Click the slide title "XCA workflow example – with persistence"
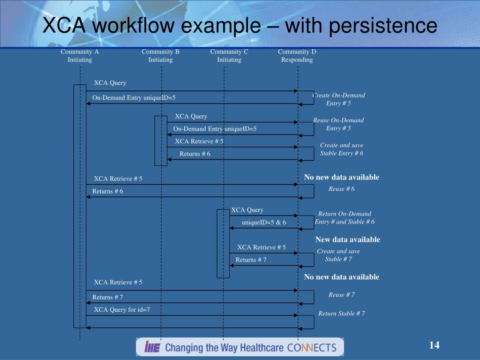pos(240,26)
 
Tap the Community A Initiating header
pos(80,56)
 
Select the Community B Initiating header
pos(161,56)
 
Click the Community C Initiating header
pos(229,56)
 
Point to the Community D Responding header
pos(297,56)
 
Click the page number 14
pos(434,345)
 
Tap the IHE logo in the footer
pos(153,347)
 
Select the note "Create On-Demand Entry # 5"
pos(338,99)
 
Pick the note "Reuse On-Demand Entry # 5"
pos(338,124)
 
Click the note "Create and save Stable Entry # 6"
pos(341,149)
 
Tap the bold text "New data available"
pos(347,240)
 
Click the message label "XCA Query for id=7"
pos(122,309)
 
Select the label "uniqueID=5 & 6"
pos(264,222)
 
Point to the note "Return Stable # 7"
pos(342,314)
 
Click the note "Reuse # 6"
pos(342,189)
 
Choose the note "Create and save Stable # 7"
pos(338,255)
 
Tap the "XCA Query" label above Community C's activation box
pos(247,210)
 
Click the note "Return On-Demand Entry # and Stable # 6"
pos(345,217)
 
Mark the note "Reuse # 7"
pos(342,295)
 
